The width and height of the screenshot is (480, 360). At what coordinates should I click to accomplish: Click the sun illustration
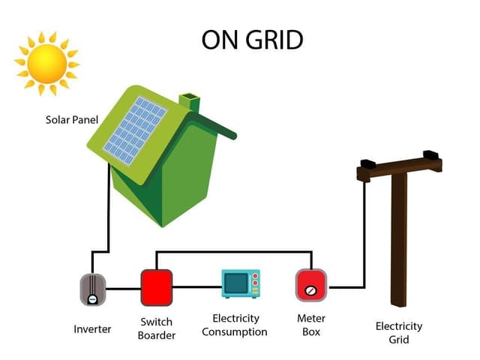click(46, 64)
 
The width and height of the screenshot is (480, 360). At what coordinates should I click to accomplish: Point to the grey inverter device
click(93, 289)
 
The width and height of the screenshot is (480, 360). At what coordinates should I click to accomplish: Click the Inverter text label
click(92, 328)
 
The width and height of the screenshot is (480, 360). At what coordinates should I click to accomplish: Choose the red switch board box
click(157, 286)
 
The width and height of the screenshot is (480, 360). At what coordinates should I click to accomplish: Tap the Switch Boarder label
click(157, 328)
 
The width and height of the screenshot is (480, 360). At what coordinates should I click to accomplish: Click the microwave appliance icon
click(241, 284)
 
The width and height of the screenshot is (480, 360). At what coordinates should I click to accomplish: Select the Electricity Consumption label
click(235, 325)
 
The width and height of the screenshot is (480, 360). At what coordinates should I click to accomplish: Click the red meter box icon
click(311, 285)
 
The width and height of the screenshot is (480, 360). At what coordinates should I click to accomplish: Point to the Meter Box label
click(310, 324)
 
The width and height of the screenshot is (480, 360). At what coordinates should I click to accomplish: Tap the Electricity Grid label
click(399, 332)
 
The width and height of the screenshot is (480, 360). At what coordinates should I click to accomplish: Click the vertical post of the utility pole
click(399, 240)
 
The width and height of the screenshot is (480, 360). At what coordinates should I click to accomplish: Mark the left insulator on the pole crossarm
click(368, 163)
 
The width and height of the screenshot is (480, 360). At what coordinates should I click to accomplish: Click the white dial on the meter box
click(311, 289)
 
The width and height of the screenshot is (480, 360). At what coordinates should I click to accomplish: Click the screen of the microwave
click(236, 284)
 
